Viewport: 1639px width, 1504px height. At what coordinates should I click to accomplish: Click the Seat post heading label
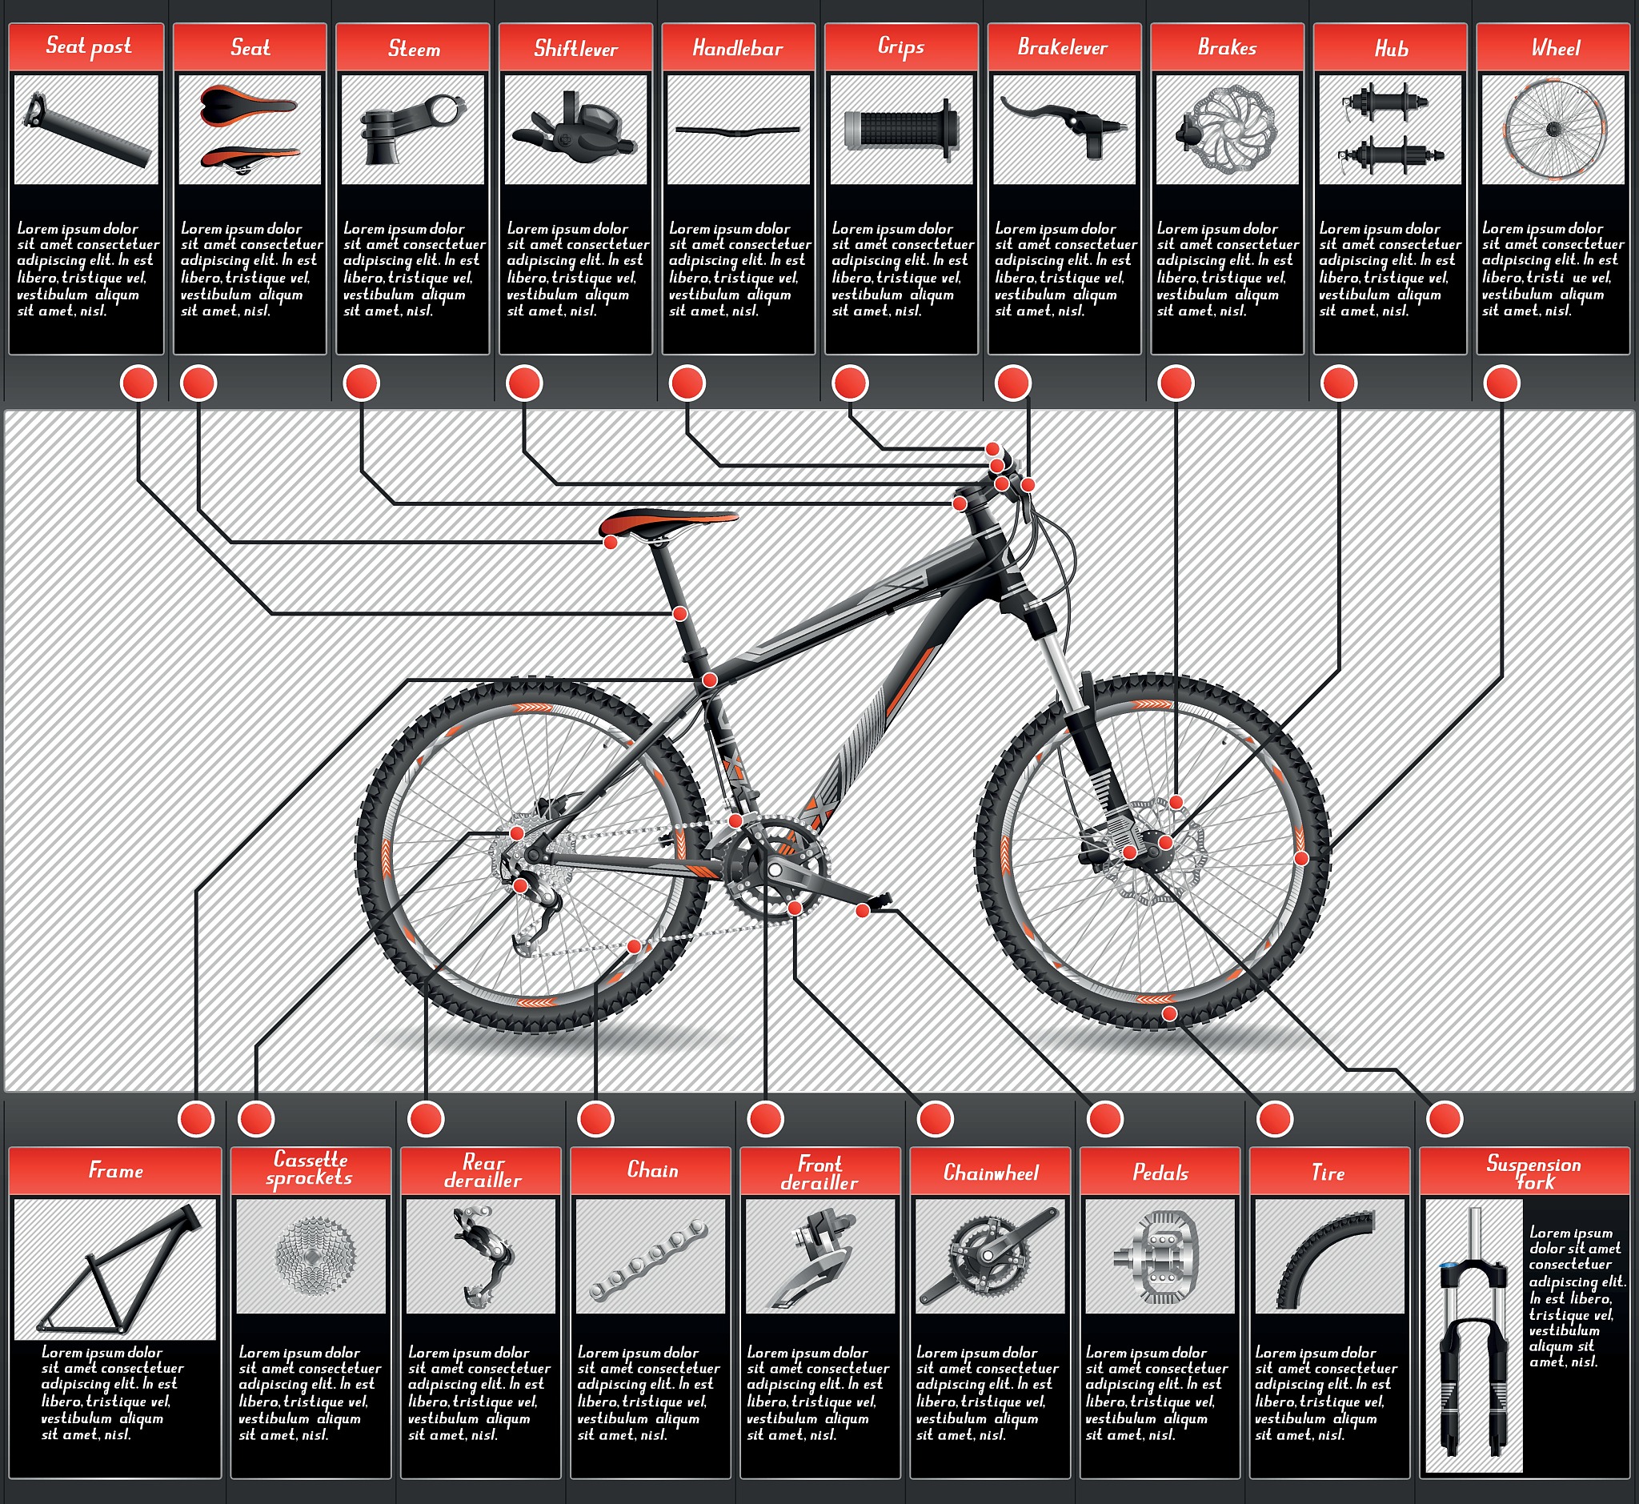pos(88,46)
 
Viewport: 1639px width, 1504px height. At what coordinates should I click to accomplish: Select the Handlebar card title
pos(737,48)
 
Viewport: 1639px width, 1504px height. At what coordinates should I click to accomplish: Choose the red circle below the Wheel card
pos(1501,383)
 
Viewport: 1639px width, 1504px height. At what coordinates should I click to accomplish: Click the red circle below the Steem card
pos(361,383)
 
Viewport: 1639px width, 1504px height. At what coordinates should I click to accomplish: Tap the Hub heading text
pos(1391,49)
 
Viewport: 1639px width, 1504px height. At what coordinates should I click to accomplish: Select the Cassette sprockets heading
pos(309,1169)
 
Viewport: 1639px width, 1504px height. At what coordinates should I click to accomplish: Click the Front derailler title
pos(819,1173)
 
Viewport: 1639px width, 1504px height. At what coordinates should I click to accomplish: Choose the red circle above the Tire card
pos(1274,1119)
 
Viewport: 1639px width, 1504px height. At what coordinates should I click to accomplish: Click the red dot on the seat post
pos(679,613)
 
